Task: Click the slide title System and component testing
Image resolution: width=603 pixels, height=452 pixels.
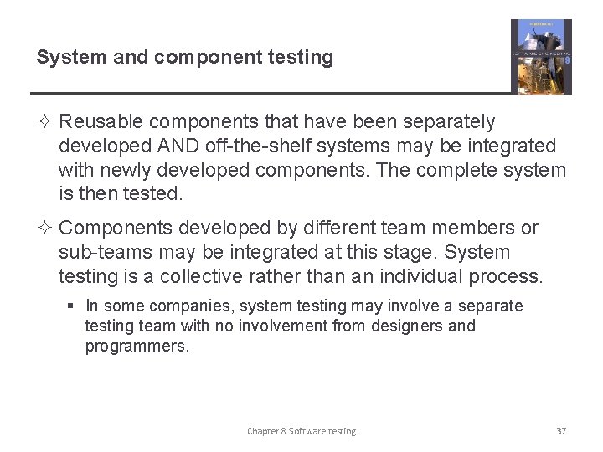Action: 184,57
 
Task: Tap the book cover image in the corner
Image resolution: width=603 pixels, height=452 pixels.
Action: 541,56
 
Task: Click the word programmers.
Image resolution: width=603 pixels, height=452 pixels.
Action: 137,346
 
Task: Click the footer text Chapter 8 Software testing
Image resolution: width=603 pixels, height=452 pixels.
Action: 301,431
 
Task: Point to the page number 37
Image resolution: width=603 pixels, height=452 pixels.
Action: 561,431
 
